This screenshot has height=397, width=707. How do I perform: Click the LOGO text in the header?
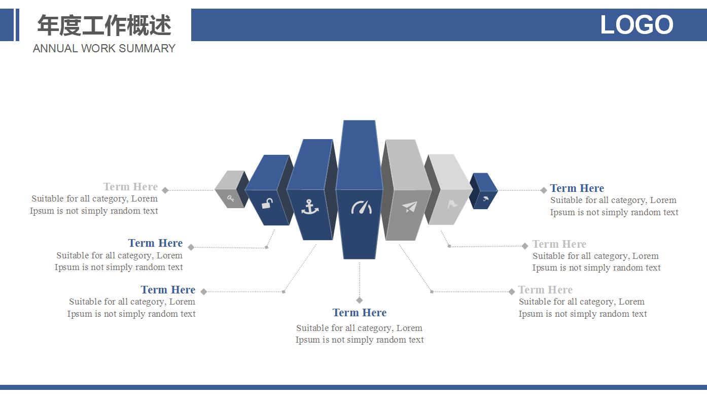(x=637, y=25)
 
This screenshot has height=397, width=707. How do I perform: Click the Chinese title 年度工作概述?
(x=104, y=25)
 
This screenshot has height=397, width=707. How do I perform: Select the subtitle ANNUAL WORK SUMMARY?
(x=104, y=49)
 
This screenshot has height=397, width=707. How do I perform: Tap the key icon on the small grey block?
(x=231, y=198)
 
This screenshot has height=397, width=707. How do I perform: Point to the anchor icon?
(x=309, y=207)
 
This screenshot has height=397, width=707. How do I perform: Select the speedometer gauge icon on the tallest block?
(x=361, y=207)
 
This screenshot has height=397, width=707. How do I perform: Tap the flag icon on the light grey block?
(x=452, y=204)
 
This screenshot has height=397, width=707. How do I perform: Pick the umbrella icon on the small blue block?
(x=485, y=198)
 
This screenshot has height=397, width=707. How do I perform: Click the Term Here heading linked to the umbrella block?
(x=577, y=188)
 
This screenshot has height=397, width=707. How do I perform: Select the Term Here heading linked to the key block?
(x=130, y=187)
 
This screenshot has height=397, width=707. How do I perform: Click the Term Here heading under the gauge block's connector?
(x=359, y=313)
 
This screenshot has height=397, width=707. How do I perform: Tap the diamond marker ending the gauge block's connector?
(x=360, y=300)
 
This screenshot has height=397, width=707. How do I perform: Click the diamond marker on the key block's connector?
(x=165, y=190)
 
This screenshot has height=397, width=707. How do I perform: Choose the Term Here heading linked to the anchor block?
(x=168, y=290)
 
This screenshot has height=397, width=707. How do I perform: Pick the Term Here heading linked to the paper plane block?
(x=545, y=290)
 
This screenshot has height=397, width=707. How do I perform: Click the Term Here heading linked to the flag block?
(x=559, y=244)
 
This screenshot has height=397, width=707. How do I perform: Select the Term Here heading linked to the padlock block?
(x=155, y=243)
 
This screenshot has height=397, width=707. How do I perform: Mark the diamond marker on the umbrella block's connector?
(x=544, y=190)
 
